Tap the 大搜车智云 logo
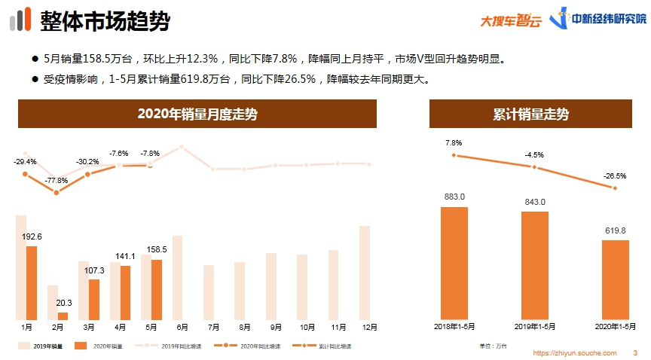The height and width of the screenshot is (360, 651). click(511, 20)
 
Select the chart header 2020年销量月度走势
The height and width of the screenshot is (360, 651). click(197, 114)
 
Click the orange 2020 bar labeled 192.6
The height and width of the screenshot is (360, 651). click(32, 282)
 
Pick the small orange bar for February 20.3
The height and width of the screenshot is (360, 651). click(63, 316)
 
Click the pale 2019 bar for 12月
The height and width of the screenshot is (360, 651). click(365, 273)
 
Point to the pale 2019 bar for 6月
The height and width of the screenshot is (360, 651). click(178, 277)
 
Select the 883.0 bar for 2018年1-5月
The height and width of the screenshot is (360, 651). click(454, 262)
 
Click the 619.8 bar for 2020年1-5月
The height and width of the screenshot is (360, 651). click(615, 279)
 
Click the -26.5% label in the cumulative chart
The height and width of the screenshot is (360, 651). click(614, 176)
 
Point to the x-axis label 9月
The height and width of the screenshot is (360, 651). click(276, 328)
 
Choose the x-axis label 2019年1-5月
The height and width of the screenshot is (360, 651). click(534, 328)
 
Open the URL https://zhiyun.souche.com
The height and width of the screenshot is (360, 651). click(575, 352)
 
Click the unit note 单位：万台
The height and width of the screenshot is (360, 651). click(493, 346)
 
